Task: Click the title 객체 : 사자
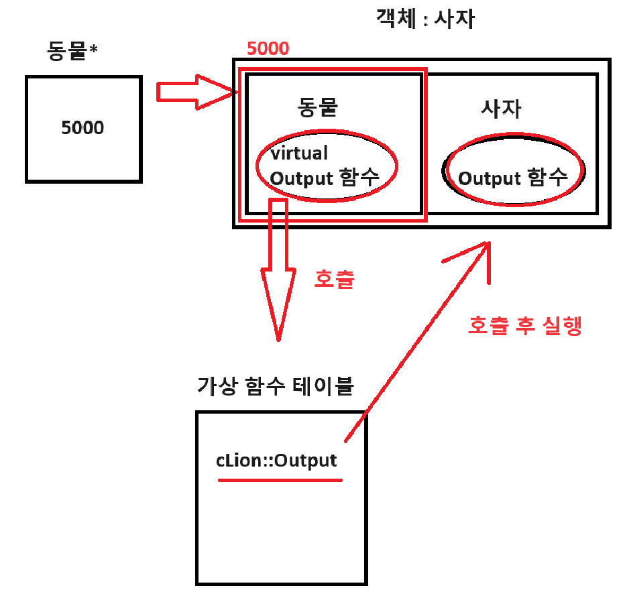coord(426,20)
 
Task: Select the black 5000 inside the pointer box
coord(82,127)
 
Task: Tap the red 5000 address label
coord(268,49)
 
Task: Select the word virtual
coord(299,153)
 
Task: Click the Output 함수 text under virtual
coord(325,178)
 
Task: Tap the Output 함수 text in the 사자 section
coord(513,178)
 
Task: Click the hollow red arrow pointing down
coord(277,275)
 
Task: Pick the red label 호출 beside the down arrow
coord(334,279)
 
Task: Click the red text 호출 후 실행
coord(524,325)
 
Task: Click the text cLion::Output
coord(276,461)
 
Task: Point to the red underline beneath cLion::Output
coord(280,480)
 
